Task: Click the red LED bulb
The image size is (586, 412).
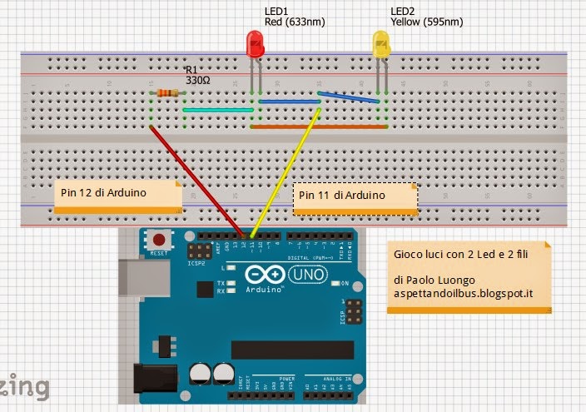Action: pyautogui.click(x=256, y=44)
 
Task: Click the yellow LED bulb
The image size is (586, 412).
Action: pyautogui.click(x=380, y=44)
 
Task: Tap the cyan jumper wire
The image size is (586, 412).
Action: pyautogui.click(x=217, y=110)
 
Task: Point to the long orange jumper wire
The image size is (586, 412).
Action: pyautogui.click(x=319, y=127)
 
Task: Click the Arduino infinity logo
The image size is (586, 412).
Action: pyautogui.click(x=262, y=274)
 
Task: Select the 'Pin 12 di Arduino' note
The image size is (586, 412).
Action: pyautogui.click(x=117, y=194)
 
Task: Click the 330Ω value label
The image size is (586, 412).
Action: pyautogui.click(x=197, y=81)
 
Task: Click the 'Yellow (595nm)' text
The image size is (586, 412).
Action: pyautogui.click(x=427, y=22)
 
